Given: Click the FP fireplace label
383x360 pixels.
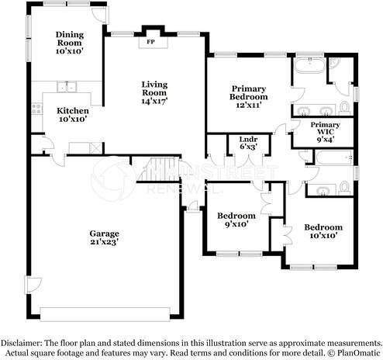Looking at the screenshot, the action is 150,42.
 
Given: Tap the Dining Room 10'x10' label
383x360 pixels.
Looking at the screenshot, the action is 70,43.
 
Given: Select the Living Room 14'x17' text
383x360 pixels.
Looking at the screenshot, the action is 154,92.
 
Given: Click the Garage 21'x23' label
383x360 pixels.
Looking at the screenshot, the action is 105,237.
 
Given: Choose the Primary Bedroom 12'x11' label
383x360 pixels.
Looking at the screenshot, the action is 249,96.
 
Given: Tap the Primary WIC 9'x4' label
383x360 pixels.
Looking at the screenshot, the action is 326,132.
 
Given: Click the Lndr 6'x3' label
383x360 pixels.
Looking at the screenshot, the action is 248,143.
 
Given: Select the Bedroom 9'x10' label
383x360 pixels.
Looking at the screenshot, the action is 236,220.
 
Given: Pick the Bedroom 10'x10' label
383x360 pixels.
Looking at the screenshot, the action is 323,231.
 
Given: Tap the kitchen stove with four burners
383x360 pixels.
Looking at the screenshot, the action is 36,109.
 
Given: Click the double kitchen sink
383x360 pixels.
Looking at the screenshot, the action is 67,87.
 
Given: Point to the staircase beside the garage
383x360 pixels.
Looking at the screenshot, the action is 159,169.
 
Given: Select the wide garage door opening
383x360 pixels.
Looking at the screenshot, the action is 105,314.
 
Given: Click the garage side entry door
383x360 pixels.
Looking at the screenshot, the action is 33,286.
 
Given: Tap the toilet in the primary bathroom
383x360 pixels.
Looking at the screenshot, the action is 344,108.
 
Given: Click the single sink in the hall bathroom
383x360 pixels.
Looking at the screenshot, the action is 323,190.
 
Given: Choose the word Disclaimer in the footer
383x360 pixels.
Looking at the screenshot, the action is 22,344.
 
